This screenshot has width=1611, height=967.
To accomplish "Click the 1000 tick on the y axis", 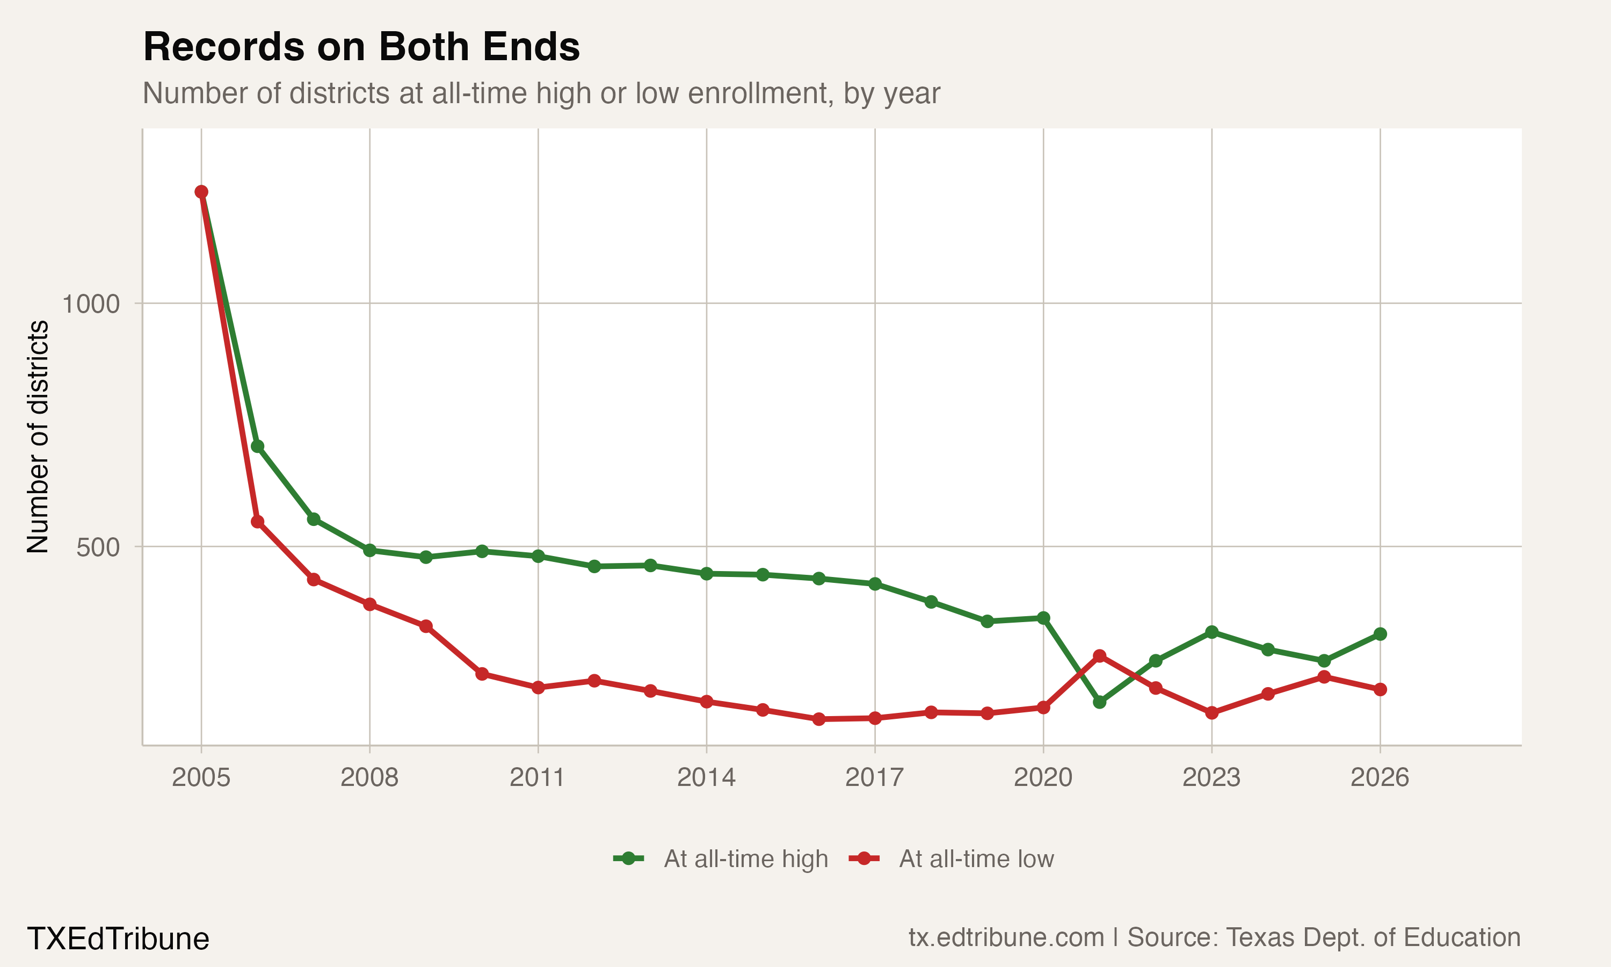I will [91, 304].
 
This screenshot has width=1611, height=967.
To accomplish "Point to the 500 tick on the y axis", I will [98, 547].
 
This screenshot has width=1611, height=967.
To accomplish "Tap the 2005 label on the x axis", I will [201, 777].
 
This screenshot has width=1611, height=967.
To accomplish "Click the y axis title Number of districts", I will [38, 437].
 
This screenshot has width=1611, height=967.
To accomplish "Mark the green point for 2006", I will [257, 446].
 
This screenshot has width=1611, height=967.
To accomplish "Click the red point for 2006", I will [257, 522].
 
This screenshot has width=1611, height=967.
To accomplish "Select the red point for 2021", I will [1099, 656].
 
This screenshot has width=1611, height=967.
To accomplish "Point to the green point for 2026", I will [1380, 634].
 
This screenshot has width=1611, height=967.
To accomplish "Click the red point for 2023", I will [1212, 713].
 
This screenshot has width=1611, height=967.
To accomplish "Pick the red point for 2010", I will [482, 674].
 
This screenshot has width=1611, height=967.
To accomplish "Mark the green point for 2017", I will [875, 584].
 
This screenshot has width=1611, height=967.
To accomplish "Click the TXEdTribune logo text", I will [118, 939].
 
